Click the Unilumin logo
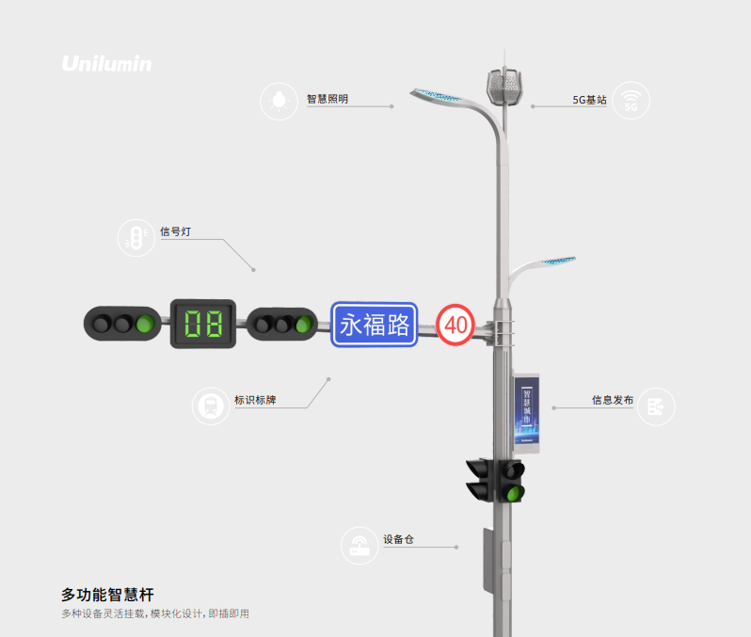tap(106, 64)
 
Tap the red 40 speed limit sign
tap(455, 326)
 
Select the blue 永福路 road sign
tap(375, 325)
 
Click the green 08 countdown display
tap(203, 324)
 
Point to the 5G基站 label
tap(589, 99)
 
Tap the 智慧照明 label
tap(328, 98)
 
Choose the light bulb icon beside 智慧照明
tap(279, 101)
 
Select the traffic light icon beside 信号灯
tap(136, 238)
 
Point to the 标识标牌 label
tap(255, 400)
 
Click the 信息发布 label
tap(612, 400)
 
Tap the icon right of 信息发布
tap(656, 406)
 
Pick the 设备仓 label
tap(398, 540)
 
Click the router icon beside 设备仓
tap(360, 546)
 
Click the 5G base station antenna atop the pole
tap(504, 88)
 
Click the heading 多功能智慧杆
tap(107, 595)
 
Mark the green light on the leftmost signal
tap(144, 325)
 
